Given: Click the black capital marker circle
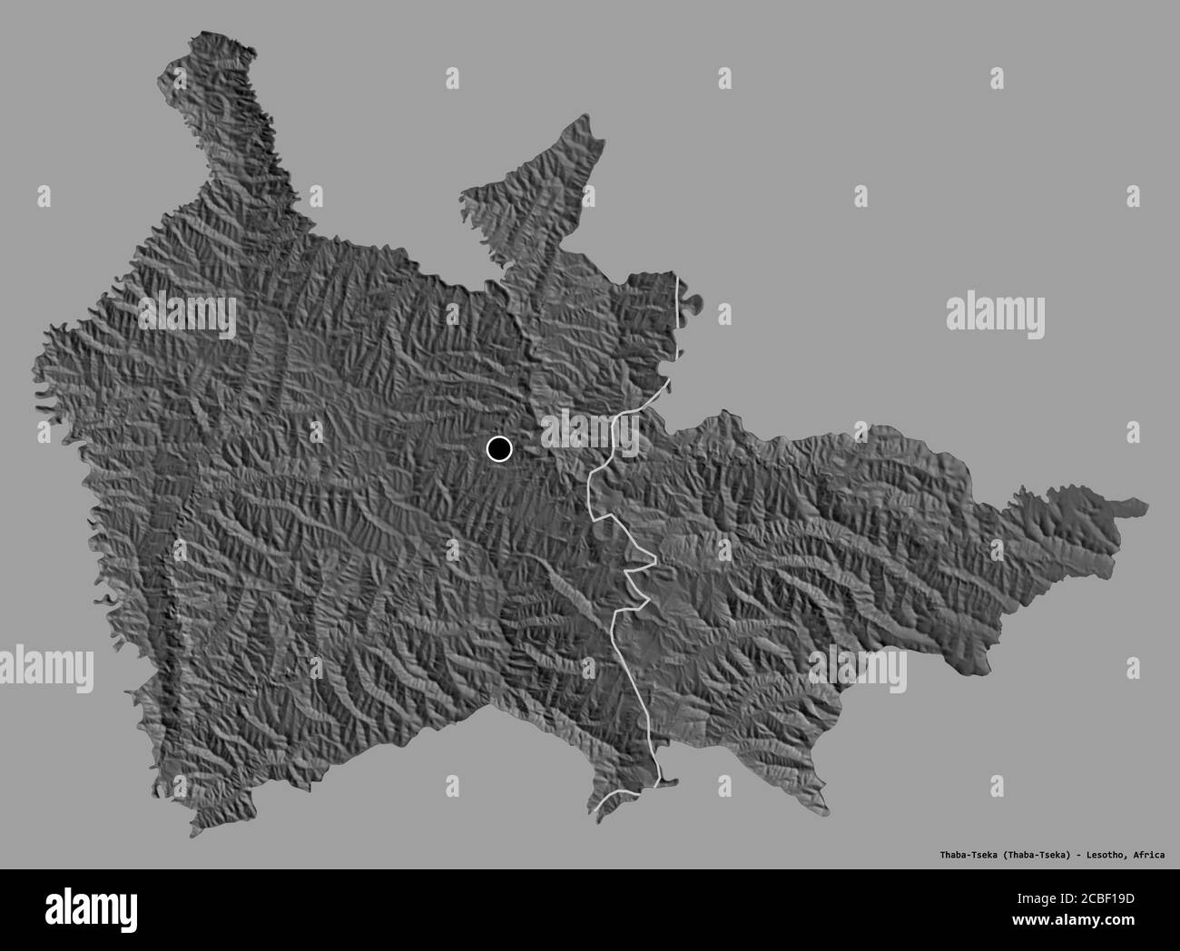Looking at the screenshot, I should point(499,448).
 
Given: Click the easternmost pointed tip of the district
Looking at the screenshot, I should point(1146,505).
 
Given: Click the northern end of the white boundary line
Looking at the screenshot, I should point(679,276).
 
